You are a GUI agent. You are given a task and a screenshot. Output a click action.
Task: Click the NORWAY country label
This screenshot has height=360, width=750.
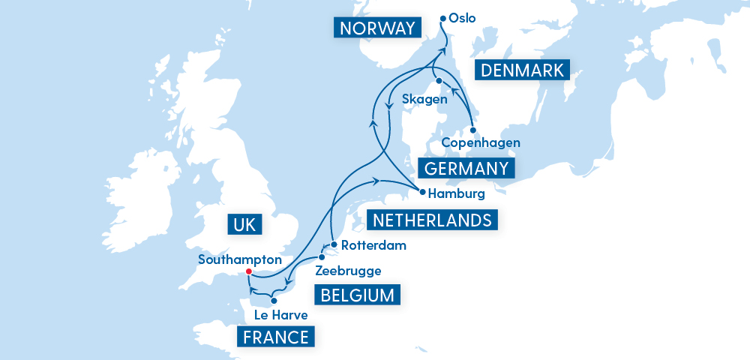[376, 28]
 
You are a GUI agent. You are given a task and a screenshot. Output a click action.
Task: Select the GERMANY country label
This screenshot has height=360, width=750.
[466, 168]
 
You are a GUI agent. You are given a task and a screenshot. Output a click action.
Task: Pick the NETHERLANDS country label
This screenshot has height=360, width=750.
[433, 220]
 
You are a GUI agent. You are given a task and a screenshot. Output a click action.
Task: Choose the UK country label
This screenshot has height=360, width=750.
[244, 224]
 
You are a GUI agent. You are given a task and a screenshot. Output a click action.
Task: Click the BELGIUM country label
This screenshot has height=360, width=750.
[357, 295]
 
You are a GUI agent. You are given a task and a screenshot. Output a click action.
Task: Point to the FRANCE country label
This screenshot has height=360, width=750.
[276, 337]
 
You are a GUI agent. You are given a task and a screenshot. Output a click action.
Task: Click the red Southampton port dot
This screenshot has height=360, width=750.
[248, 272]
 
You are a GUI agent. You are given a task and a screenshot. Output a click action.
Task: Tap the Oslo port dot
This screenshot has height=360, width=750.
[443, 18]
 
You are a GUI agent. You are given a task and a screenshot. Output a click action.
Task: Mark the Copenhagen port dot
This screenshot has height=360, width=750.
[473, 129]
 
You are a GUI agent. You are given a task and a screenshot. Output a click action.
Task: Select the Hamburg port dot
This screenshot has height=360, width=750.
[422, 192]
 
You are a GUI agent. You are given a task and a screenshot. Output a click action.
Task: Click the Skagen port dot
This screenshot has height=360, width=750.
[436, 81]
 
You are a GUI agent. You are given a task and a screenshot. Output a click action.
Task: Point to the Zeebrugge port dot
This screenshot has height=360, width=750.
[322, 257]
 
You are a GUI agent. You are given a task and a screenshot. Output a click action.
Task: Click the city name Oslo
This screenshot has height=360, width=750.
[463, 18]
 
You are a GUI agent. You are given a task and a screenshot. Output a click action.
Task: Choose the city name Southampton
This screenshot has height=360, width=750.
[239, 259]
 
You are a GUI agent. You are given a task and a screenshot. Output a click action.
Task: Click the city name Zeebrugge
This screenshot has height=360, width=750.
[349, 271]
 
